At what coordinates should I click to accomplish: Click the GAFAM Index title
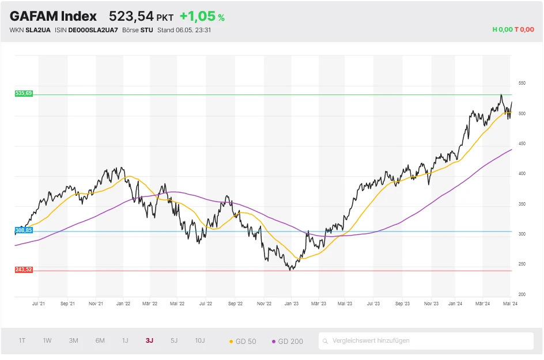pyautogui.click(x=53, y=16)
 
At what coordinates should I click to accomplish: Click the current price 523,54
pyautogui.click(x=131, y=16)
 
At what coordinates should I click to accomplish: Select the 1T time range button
pyautogui.click(x=22, y=340)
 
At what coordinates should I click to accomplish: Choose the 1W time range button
pyautogui.click(x=47, y=340)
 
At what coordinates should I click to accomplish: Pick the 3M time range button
pyautogui.click(x=73, y=340)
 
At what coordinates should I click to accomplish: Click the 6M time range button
pyautogui.click(x=100, y=340)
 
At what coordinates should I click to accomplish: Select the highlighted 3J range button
pyautogui.click(x=149, y=340)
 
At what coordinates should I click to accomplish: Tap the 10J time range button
pyautogui.click(x=199, y=340)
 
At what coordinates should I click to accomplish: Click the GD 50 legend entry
pyautogui.click(x=243, y=341)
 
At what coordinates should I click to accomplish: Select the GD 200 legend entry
pyautogui.click(x=287, y=341)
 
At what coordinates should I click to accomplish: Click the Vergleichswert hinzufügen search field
pyautogui.click(x=426, y=340)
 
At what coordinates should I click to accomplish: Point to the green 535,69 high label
pyautogui.click(x=24, y=93)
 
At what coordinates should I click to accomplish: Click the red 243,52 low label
pyautogui.click(x=24, y=270)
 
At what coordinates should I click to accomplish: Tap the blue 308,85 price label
pyautogui.click(x=24, y=230)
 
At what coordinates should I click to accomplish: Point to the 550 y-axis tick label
pyautogui.click(x=522, y=84)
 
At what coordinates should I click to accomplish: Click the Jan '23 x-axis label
pyautogui.click(x=291, y=303)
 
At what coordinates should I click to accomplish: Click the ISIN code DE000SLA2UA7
pyautogui.click(x=93, y=30)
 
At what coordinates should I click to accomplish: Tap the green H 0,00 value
pyautogui.click(x=503, y=30)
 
